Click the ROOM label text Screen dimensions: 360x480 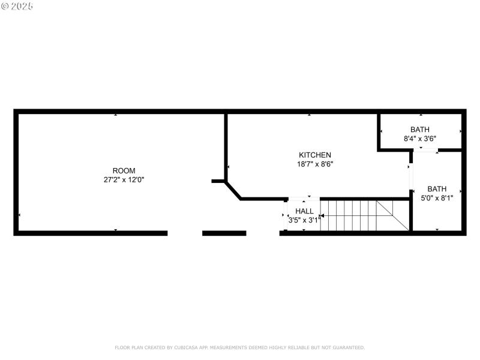click(x=124, y=170)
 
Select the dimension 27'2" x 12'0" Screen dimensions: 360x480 click(x=124, y=179)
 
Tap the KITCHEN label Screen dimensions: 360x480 click(x=315, y=155)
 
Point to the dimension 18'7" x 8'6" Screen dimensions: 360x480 click(x=315, y=163)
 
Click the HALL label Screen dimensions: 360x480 click(x=304, y=211)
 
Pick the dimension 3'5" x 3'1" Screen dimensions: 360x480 click(x=304, y=220)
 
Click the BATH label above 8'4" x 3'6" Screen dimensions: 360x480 click(x=420, y=130)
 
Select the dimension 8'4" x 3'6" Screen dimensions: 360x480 click(x=420, y=138)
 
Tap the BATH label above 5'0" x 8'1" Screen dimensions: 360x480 click(x=437, y=188)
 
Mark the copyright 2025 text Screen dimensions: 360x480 click(x=17, y=6)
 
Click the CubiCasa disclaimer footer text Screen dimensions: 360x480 click(x=239, y=347)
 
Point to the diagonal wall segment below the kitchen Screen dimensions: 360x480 click(x=233, y=190)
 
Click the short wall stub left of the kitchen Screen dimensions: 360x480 click(x=218, y=181)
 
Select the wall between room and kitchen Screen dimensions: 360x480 click(x=226, y=144)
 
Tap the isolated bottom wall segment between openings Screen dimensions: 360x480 click(x=224, y=233)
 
